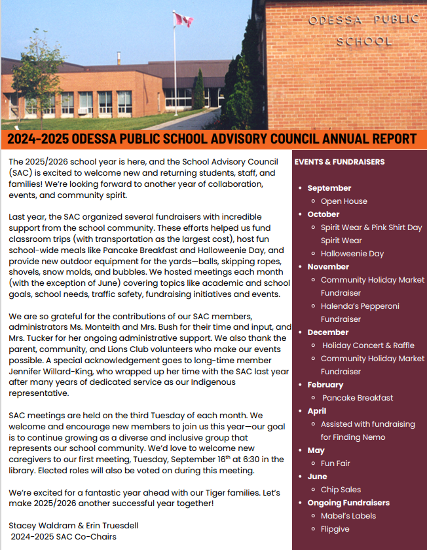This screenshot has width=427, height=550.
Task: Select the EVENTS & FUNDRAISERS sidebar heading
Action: (339, 162)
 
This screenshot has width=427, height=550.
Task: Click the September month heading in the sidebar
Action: (329, 188)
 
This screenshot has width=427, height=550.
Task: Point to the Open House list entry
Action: (344, 201)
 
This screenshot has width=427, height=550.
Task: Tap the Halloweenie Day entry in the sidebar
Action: (352, 254)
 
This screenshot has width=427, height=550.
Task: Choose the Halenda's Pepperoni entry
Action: (360, 306)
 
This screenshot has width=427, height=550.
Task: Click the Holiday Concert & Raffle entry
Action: (368, 345)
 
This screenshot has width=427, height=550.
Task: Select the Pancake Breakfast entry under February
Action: (358, 398)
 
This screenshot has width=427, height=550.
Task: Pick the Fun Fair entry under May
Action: (335, 463)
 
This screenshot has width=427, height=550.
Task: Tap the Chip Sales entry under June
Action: (341, 490)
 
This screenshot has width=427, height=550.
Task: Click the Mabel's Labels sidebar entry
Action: (348, 516)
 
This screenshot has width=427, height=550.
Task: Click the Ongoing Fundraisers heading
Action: (348, 503)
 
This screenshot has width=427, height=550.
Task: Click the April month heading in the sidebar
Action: (317, 411)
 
